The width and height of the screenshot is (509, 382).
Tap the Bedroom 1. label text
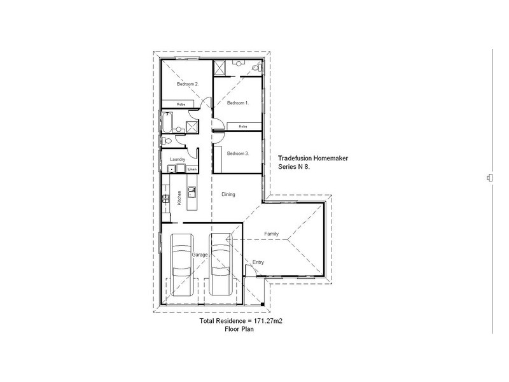pos(238,102)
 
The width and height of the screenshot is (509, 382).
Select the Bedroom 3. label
pos(237,153)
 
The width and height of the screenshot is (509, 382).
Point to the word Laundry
pos(178,160)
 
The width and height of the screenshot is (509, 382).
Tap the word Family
pos(272,234)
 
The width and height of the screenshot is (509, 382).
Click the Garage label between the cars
pos(201,254)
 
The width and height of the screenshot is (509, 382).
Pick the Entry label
pos(258,262)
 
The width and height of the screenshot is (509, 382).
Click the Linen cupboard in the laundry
pos(192,169)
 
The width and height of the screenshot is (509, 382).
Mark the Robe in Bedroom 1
pos(242,127)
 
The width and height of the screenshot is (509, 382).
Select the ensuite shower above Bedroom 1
pos(220,67)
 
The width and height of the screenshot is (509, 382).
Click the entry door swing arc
pos(253,270)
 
